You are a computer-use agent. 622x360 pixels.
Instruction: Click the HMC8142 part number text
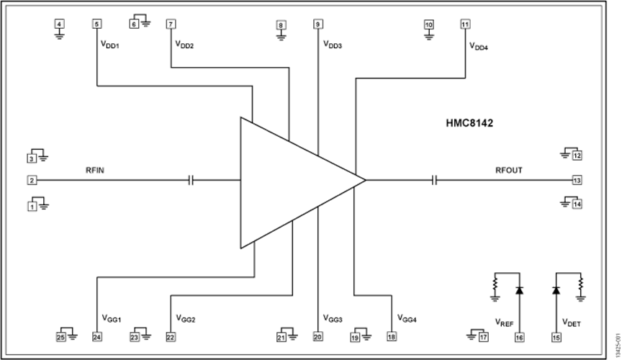point(469,123)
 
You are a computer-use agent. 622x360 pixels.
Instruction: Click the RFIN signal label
point(95,171)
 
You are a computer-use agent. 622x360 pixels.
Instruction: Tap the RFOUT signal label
point(509,171)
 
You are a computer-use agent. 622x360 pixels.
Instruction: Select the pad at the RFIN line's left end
point(31,179)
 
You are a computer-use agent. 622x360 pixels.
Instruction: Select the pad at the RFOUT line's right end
point(577,179)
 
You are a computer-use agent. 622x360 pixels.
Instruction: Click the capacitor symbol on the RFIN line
point(191,179)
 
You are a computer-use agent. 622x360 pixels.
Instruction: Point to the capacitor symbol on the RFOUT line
point(435,179)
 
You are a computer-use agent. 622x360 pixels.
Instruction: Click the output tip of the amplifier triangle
point(365,179)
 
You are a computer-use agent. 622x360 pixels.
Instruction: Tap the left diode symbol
point(518,290)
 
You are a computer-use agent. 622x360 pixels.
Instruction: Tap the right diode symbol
point(555,290)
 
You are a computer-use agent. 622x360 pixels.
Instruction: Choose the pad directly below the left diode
point(518,336)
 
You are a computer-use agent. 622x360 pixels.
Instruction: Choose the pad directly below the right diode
point(555,336)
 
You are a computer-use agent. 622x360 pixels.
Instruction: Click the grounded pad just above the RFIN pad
point(32,156)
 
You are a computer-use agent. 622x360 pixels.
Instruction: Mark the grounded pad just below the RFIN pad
point(32,207)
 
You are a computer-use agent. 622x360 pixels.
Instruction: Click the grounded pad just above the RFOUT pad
point(577,155)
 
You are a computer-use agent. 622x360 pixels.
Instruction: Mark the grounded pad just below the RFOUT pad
point(577,205)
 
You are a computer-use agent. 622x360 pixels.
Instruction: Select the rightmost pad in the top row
point(464,24)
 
